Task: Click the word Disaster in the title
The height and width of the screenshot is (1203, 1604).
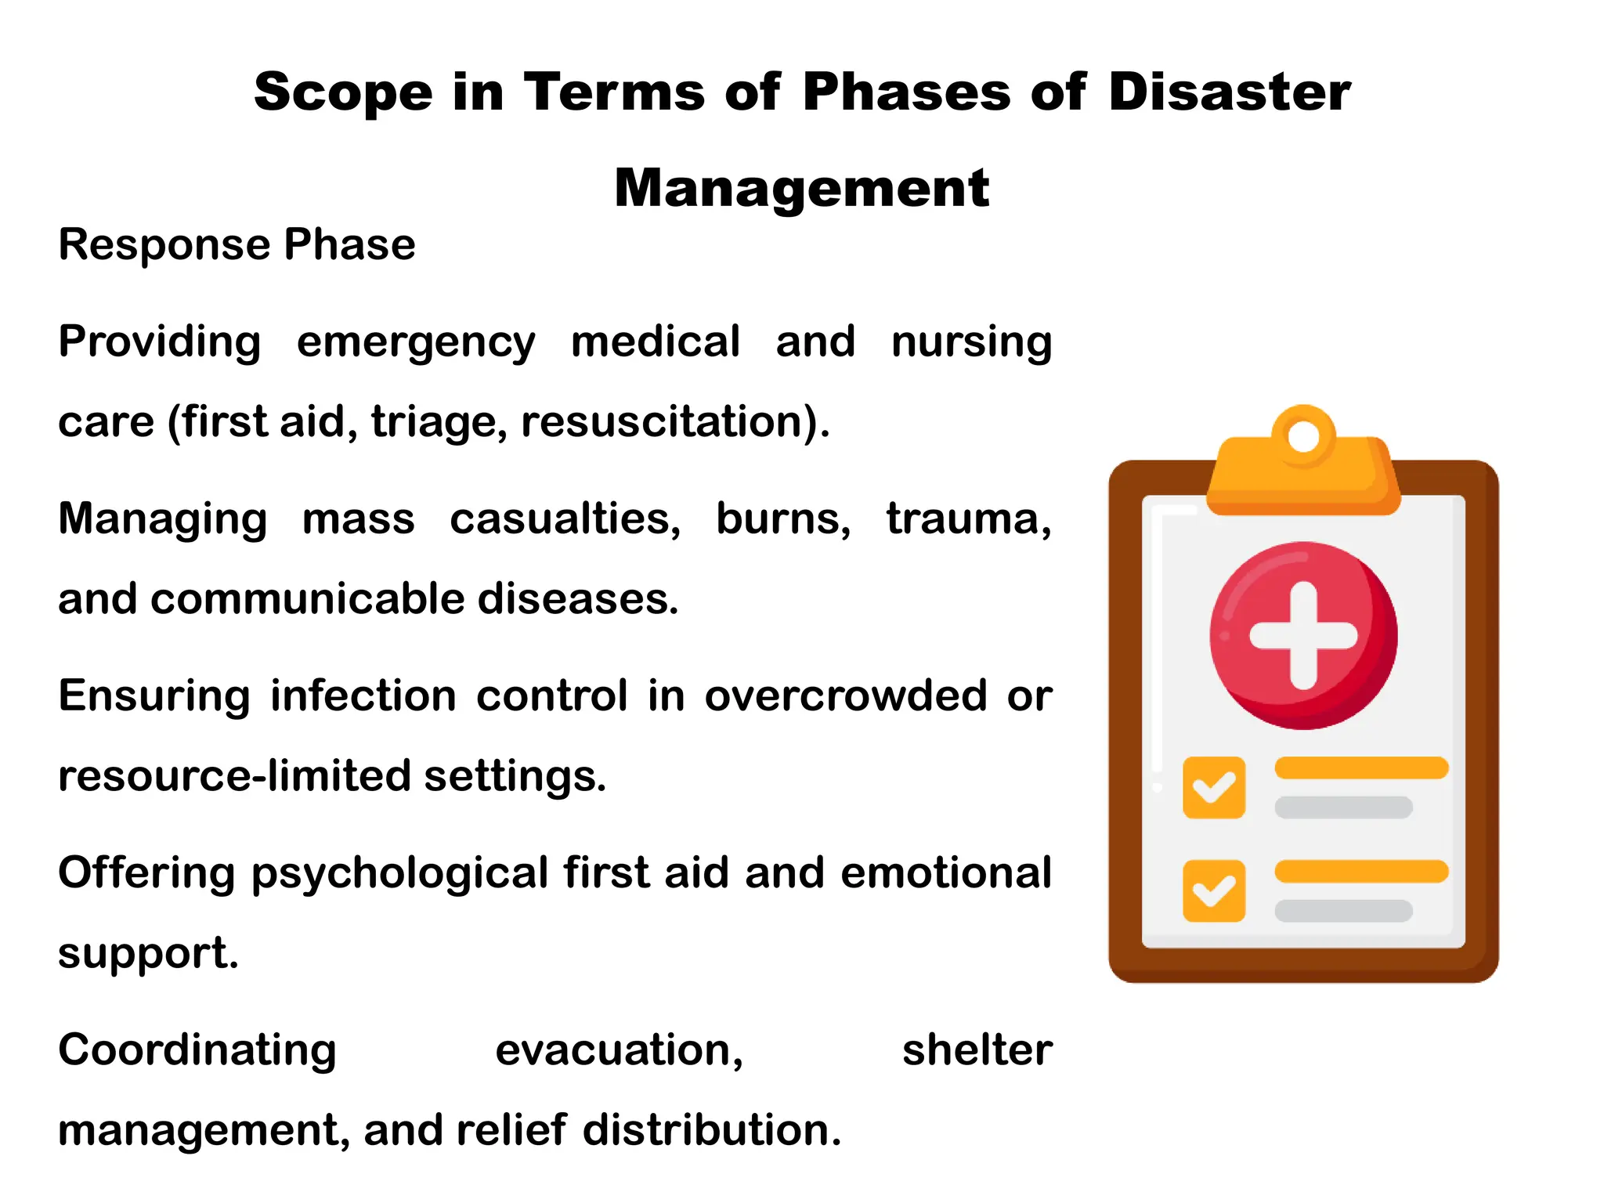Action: (x=1230, y=92)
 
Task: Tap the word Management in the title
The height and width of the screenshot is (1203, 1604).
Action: (x=801, y=189)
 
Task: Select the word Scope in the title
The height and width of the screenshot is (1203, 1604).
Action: (x=343, y=92)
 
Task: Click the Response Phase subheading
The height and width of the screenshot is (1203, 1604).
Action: (x=237, y=244)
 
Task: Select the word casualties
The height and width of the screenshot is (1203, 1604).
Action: (x=565, y=518)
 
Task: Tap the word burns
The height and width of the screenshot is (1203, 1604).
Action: (x=782, y=518)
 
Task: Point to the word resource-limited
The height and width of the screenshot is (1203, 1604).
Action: (x=235, y=776)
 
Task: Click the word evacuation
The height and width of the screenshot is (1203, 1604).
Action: (x=619, y=1050)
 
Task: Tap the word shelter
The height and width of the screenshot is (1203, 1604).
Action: (x=977, y=1050)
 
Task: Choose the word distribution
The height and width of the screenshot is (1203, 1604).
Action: (x=711, y=1130)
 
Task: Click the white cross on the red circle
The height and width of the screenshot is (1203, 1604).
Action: (x=1303, y=635)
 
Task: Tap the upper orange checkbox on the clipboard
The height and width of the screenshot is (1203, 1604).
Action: (x=1214, y=787)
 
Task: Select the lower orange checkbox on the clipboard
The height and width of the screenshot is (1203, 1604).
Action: (x=1214, y=891)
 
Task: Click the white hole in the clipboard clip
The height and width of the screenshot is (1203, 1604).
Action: (x=1303, y=436)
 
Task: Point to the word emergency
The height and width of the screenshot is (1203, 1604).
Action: (x=416, y=342)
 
